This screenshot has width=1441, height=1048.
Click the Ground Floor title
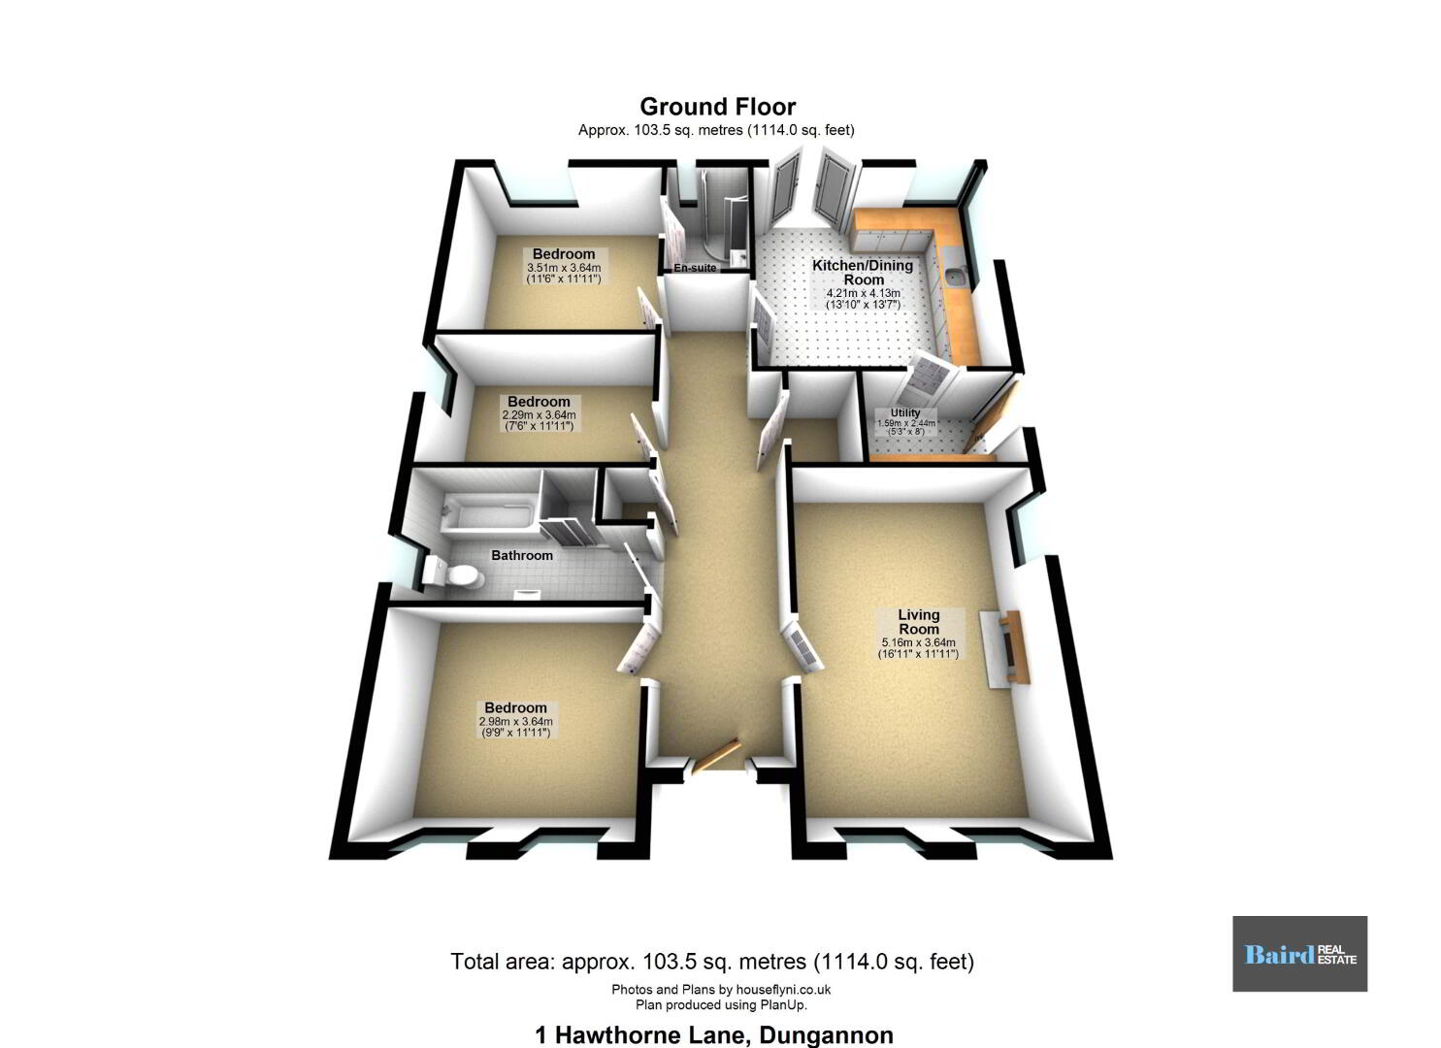pos(717,106)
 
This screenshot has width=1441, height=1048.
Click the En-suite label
pos(695,268)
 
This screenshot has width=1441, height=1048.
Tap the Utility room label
pos(905,412)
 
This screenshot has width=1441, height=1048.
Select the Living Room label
pos(919,622)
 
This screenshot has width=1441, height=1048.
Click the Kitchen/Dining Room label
pos(863,272)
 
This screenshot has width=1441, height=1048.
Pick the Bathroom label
pos(522,555)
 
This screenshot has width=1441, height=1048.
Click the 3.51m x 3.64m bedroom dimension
pos(564,268)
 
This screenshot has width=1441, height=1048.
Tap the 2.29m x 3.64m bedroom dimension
pos(540,415)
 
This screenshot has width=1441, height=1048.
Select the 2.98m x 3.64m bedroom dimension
pos(516,722)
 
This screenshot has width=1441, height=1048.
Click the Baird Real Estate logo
pos(1300,954)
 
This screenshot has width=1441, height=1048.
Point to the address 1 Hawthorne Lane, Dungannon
pos(714,1035)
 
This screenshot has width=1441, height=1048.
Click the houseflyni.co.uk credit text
pos(721,990)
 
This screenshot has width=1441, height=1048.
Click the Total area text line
pos(712,961)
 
